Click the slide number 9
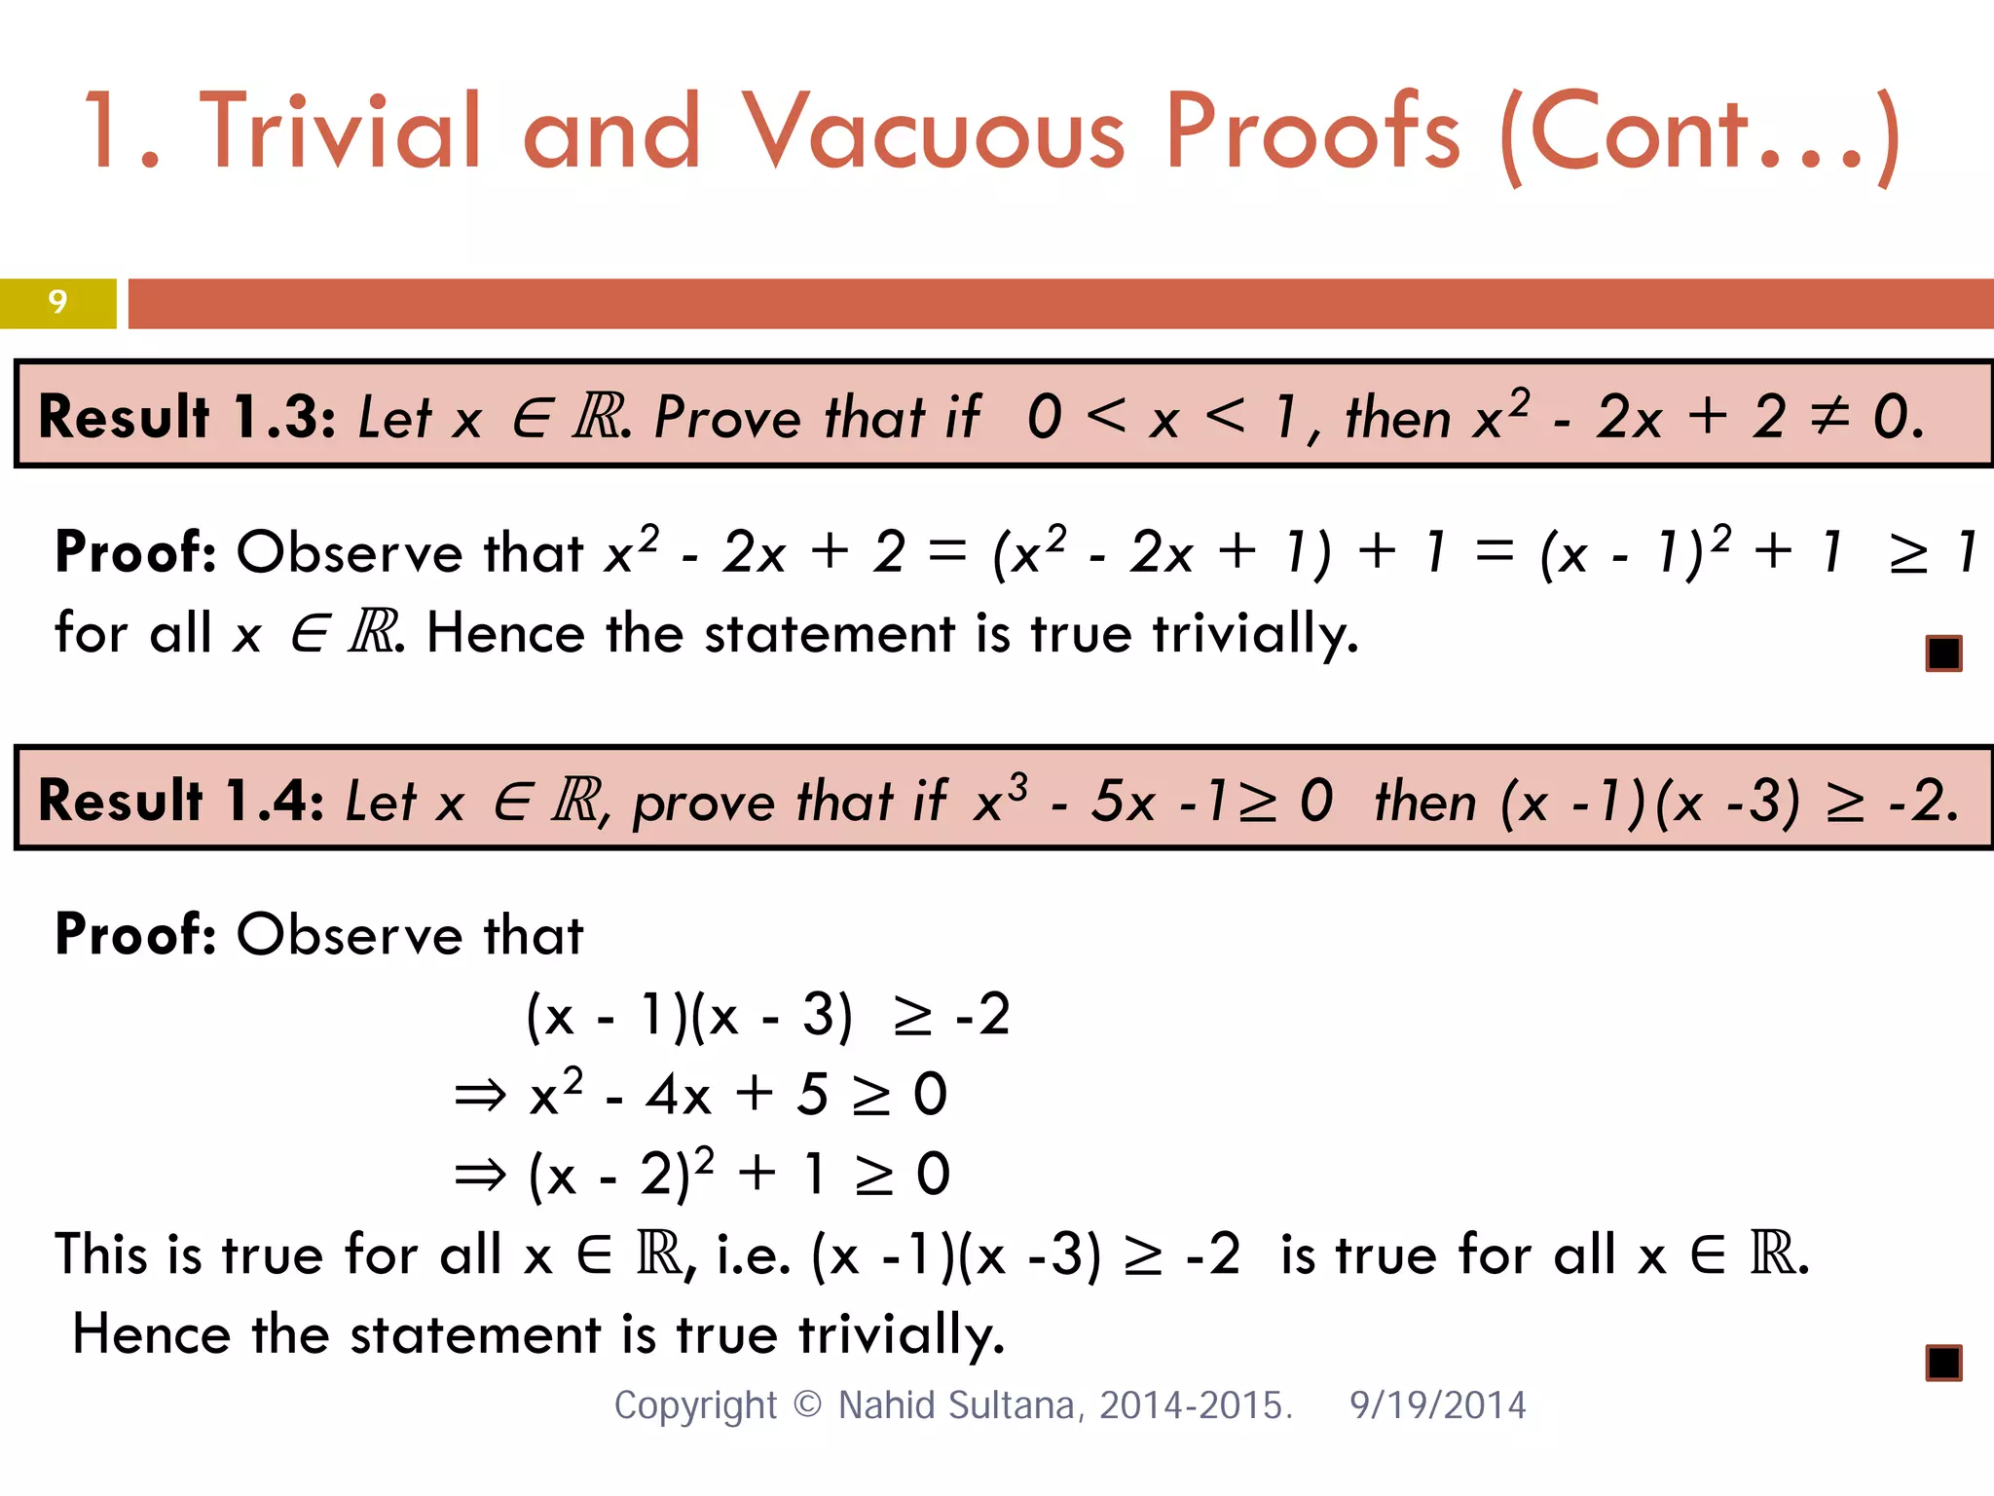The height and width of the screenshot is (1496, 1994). pyautogui.click(x=57, y=302)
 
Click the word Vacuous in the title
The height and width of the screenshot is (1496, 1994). pyautogui.click(x=933, y=132)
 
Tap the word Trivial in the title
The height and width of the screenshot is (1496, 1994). pyautogui.click(x=341, y=132)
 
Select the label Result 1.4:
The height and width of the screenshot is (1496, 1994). pyautogui.click(x=181, y=801)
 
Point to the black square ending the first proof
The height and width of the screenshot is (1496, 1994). pyautogui.click(x=1943, y=653)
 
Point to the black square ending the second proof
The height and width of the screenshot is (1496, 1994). pyautogui.click(x=1943, y=1363)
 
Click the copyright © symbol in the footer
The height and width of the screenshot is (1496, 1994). pyautogui.click(x=807, y=1404)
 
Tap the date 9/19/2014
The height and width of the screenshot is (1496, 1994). pyautogui.click(x=1437, y=1405)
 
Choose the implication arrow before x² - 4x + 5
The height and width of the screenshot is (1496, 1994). pyautogui.click(x=481, y=1096)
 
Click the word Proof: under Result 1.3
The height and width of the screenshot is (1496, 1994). pyautogui.click(x=135, y=552)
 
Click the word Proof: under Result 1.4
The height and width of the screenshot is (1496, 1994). pyautogui.click(x=135, y=935)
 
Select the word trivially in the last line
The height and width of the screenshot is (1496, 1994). pyautogui.click(x=902, y=1335)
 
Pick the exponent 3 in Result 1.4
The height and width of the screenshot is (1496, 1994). pyautogui.click(x=1017, y=785)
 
